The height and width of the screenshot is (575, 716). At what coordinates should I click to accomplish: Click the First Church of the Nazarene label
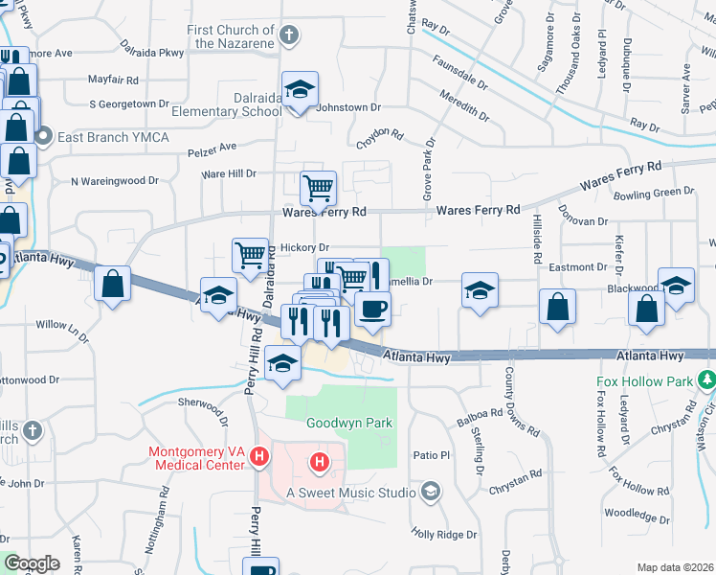pyautogui.click(x=231, y=36)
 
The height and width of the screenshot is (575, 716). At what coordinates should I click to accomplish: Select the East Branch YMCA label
pyautogui.click(x=113, y=138)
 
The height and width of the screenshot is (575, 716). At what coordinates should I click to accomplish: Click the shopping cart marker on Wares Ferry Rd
pyautogui.click(x=318, y=188)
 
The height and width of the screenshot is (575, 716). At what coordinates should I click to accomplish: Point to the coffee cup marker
pyautogui.click(x=372, y=310)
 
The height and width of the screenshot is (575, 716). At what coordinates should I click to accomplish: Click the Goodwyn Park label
pyautogui.click(x=336, y=423)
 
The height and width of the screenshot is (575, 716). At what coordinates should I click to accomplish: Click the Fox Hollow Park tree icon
pyautogui.click(x=707, y=380)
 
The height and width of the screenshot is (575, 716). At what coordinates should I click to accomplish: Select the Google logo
pyautogui.click(x=33, y=563)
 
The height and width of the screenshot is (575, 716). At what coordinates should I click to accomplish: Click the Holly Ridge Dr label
pyautogui.click(x=443, y=534)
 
